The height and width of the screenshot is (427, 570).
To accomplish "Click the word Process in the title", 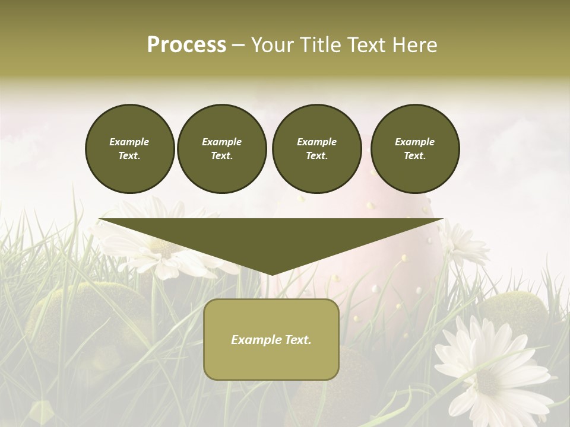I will pos(186,45).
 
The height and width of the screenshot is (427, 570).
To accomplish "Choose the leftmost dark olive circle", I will pos(129,148).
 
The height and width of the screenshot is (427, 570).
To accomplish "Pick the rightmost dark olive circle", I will pos(415,148).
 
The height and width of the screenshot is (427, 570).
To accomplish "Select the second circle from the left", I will pos(221,148).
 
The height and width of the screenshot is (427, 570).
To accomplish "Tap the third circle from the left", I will pos(316,148).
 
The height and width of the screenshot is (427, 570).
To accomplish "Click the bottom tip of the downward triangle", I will pos(271,274).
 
